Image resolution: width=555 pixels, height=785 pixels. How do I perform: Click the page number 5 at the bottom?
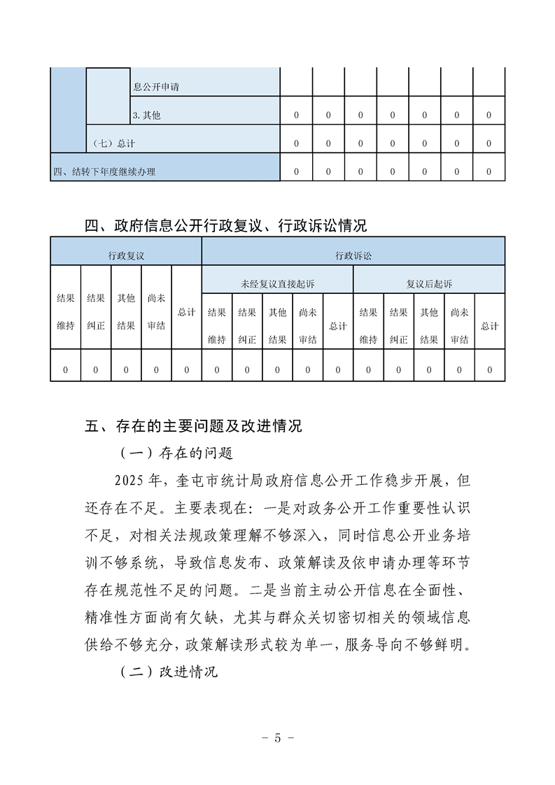277,738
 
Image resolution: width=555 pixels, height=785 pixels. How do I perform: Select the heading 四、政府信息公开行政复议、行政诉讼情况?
225,225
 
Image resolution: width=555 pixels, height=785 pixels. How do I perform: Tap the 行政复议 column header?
126,256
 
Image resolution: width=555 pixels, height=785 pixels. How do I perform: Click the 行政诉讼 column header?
353,256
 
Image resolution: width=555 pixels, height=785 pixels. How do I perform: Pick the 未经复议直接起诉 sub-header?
277,284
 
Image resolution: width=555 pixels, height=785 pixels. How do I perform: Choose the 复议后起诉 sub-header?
429,284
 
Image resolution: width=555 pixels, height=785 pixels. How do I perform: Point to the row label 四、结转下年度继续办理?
105,171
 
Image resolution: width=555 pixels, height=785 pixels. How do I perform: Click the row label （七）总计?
113,143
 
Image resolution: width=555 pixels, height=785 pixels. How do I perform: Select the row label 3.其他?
146,115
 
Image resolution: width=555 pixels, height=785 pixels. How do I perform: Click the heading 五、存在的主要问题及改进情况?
193,425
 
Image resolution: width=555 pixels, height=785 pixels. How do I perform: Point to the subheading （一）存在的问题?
176,453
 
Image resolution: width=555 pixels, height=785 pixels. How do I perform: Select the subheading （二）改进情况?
169,672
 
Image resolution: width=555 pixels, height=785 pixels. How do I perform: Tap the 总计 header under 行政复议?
186,312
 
